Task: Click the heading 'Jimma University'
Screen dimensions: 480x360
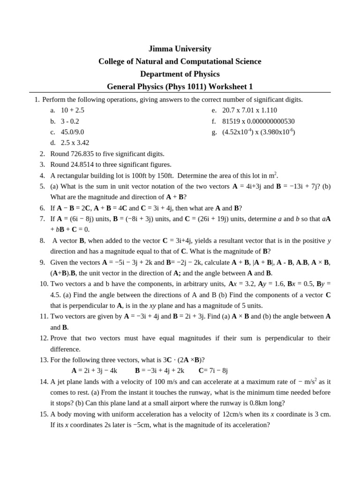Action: (x=180, y=49)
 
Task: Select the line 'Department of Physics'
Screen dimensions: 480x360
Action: (x=180, y=74)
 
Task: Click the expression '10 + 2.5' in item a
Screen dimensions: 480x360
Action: (x=73, y=110)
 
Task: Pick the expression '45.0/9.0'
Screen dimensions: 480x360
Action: (x=73, y=132)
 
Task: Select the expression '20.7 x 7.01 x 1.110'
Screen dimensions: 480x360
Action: (x=249, y=110)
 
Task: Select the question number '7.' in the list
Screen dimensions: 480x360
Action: (x=42, y=218)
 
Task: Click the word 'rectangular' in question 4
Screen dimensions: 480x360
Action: (x=74, y=175)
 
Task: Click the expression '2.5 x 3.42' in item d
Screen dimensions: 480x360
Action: (x=75, y=143)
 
